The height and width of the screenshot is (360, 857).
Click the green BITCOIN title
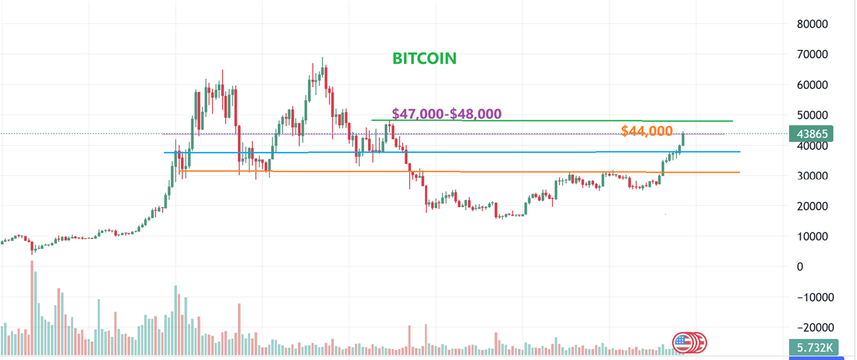[x=425, y=58]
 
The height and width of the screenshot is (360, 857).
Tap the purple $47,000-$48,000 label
[x=446, y=114]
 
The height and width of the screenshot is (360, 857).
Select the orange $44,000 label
[x=646, y=132]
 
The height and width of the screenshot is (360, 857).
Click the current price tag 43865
[x=811, y=134]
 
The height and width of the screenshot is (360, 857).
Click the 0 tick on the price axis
[x=800, y=266]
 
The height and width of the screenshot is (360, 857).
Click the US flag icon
[x=682, y=343]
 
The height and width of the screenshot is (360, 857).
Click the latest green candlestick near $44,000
[x=683, y=139]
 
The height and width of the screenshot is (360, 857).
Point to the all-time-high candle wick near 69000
[x=322, y=61]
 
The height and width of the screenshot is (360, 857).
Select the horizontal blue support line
[x=465, y=152]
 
